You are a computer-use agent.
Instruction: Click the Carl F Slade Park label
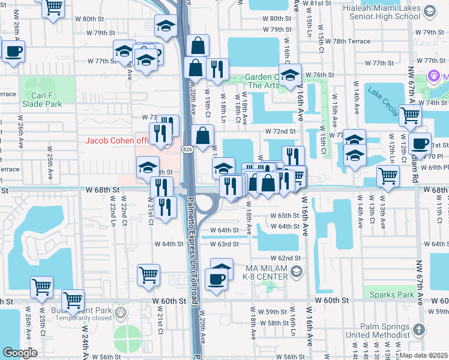(x=42, y=99)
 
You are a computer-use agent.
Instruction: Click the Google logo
(x=20, y=353)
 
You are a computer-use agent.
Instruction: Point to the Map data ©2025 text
(x=423, y=355)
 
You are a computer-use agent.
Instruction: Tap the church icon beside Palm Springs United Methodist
(x=419, y=330)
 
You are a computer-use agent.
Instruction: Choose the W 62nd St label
(x=285, y=257)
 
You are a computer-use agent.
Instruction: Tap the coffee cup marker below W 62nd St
(x=216, y=278)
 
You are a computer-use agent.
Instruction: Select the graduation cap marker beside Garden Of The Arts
(x=290, y=76)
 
